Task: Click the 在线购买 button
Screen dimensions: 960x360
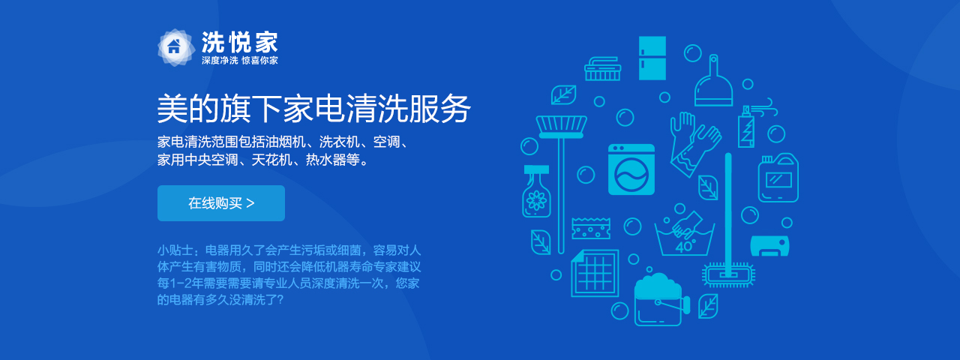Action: (220, 203)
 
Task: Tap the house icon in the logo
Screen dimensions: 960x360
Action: (174, 46)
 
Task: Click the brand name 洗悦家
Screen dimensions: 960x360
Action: (239, 42)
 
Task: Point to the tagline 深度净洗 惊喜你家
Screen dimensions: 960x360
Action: (239, 61)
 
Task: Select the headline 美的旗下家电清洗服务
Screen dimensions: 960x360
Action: (313, 109)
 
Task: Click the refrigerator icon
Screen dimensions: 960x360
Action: (652, 58)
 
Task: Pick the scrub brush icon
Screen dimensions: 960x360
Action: (602, 69)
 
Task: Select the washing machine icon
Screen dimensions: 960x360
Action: (631, 169)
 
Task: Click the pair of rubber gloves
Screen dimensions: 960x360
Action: (694, 143)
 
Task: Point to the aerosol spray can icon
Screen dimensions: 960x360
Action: (746, 127)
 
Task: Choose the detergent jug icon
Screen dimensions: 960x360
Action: (778, 178)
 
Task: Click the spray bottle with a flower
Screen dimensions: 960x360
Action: (536, 191)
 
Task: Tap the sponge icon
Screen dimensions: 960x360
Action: (590, 228)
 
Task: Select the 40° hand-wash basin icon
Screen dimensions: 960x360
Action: (685, 233)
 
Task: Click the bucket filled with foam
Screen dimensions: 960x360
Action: (659, 300)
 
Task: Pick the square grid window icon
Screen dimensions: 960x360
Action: (595, 273)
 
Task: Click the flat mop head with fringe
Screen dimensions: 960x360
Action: (728, 274)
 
